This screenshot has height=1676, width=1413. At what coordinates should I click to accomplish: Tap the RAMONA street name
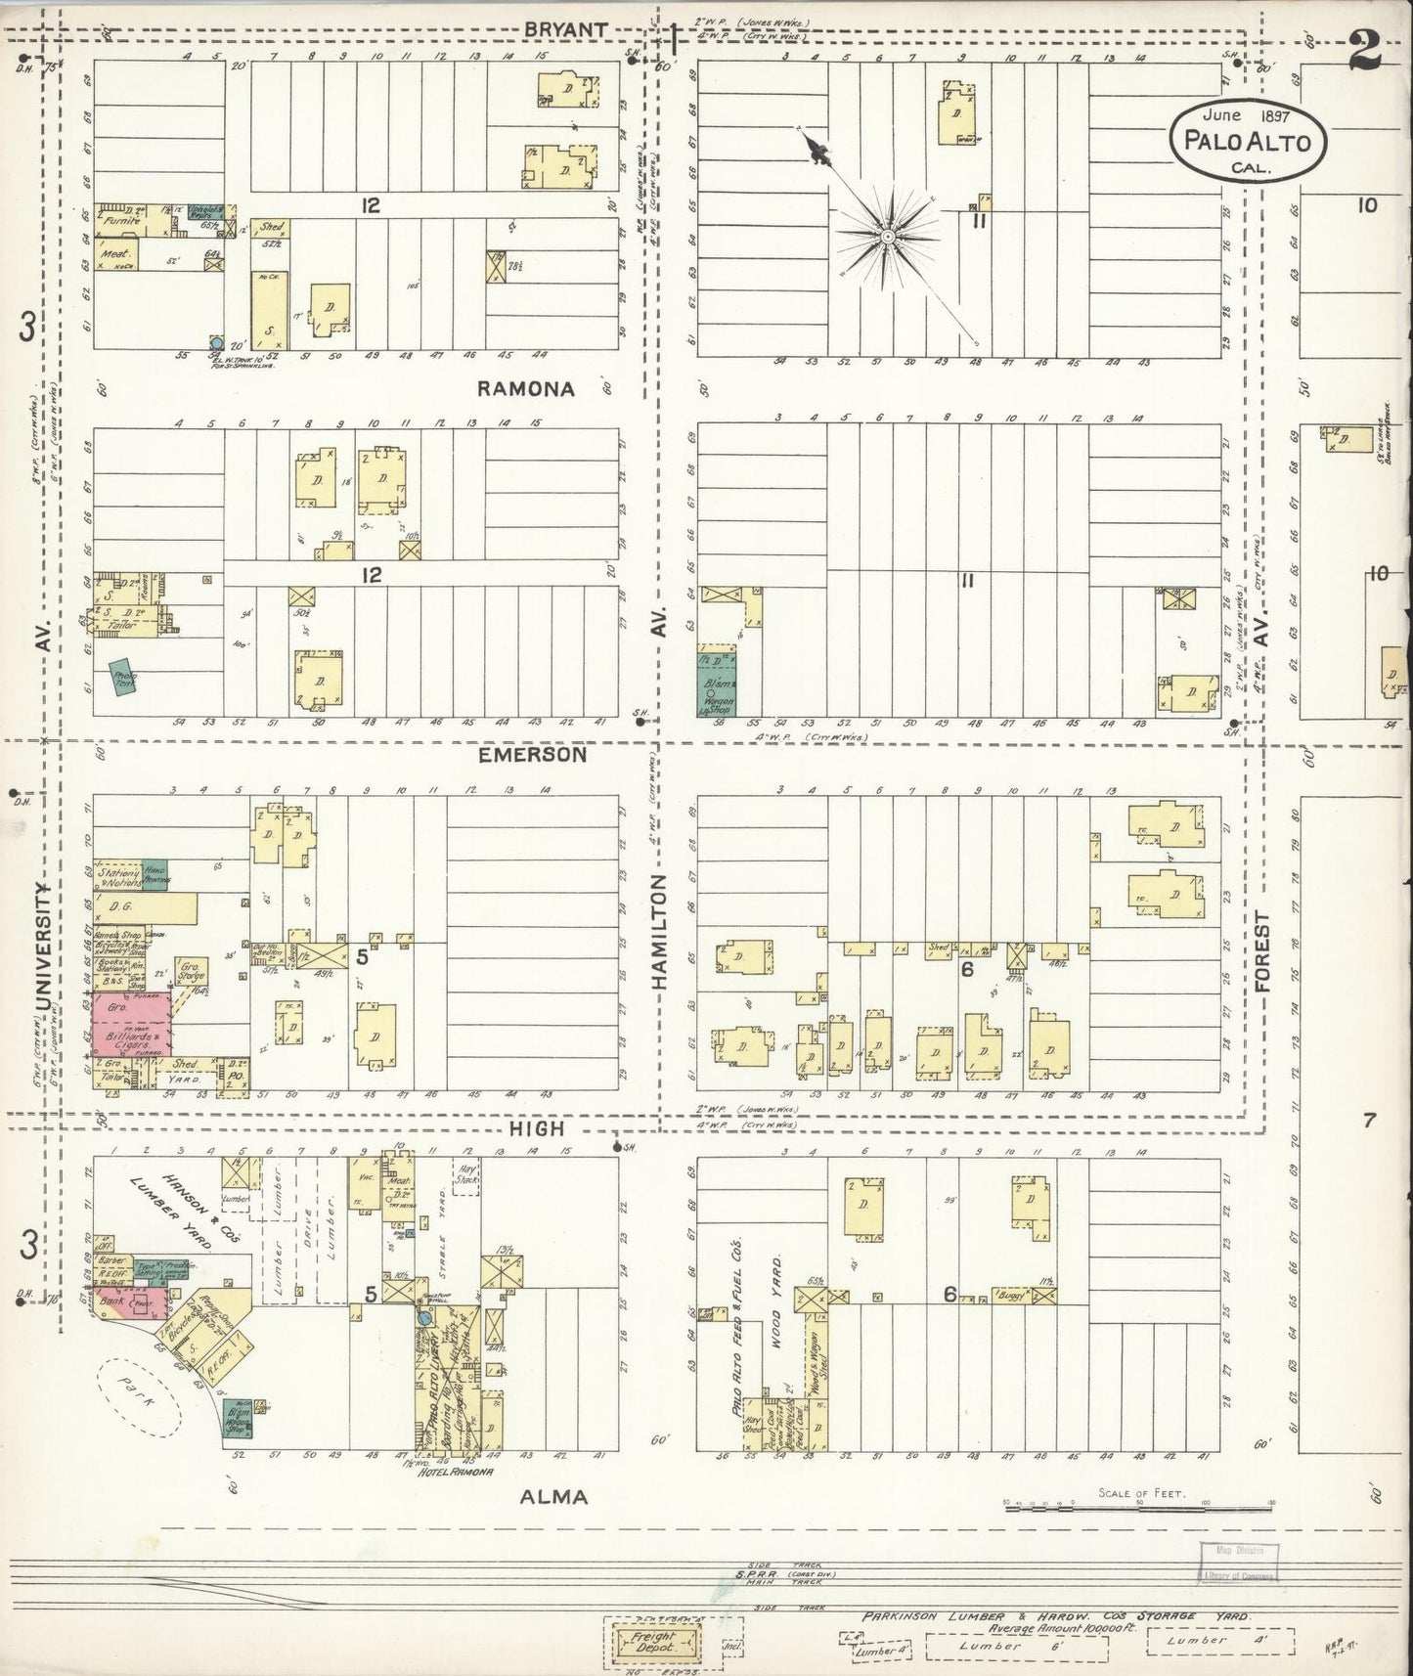point(525,388)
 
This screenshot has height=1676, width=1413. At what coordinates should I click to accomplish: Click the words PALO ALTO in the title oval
point(1248,139)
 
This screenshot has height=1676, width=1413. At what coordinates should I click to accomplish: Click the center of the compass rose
point(886,237)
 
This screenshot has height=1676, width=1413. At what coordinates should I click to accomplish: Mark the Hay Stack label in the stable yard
point(467,1173)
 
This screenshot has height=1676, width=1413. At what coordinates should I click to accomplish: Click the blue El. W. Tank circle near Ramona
point(217,343)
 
